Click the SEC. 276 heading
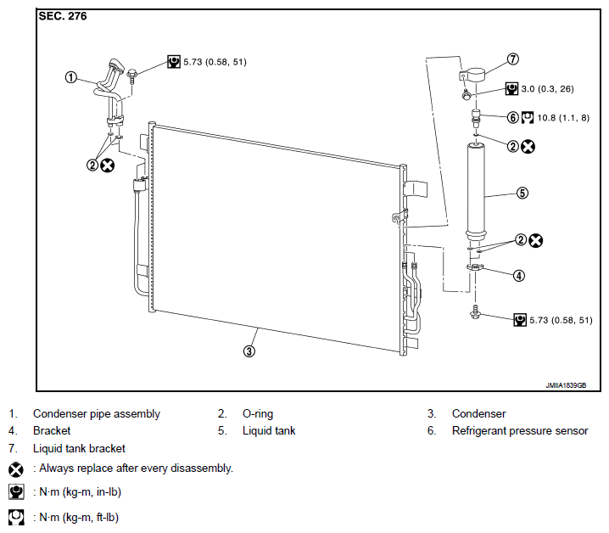click(x=63, y=16)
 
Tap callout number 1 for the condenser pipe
click(x=70, y=77)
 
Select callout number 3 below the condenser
click(x=249, y=351)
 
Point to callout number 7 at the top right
click(x=512, y=59)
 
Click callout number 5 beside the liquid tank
click(x=522, y=193)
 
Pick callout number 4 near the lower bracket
click(x=519, y=276)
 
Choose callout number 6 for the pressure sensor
click(x=512, y=117)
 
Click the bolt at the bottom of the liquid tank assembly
click(x=475, y=312)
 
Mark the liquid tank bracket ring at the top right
click(x=473, y=74)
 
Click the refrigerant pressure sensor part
click(x=475, y=118)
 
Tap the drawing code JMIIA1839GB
click(x=566, y=385)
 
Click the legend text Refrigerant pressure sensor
click(x=520, y=431)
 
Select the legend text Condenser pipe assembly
click(x=97, y=414)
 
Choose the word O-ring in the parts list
click(x=258, y=413)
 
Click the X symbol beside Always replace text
click(x=16, y=469)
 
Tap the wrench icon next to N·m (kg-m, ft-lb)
click(x=16, y=518)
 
